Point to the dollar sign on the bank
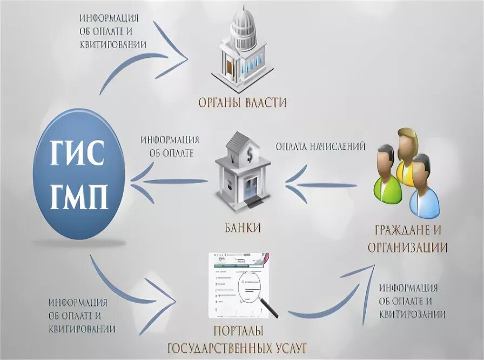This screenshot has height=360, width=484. (x=250, y=156)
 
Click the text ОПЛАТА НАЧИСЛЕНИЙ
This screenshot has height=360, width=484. (x=321, y=146)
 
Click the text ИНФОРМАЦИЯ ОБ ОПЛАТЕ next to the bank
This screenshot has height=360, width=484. (x=170, y=146)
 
